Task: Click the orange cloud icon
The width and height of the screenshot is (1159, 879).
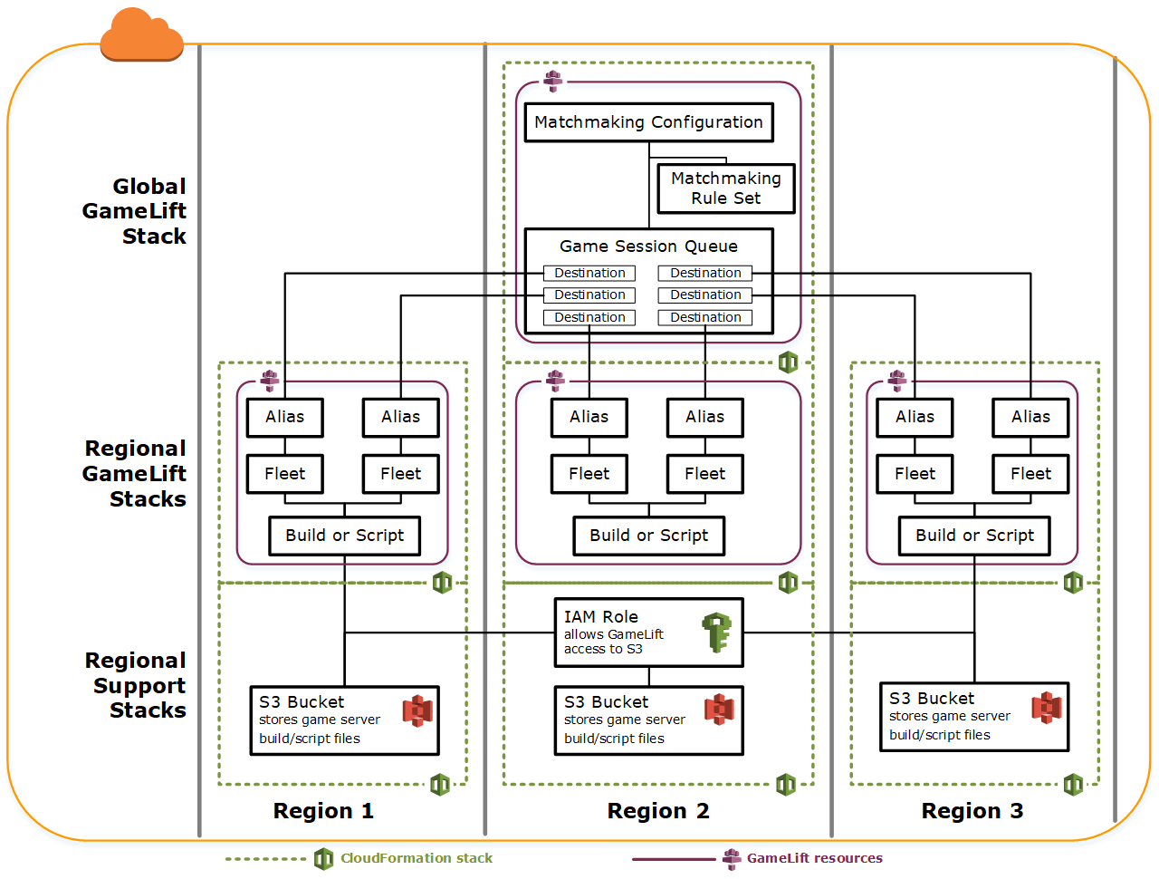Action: click(142, 34)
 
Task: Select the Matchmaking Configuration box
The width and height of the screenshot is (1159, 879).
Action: click(648, 122)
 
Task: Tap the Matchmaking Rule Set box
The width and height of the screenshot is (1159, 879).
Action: click(725, 188)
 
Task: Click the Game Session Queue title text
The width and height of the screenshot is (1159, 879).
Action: click(648, 246)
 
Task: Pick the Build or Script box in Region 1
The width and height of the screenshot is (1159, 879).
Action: click(344, 536)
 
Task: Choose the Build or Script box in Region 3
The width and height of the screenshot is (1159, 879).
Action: click(974, 536)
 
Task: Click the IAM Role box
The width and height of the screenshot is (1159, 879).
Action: click(648, 633)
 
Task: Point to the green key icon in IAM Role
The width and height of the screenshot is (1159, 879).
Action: click(716, 633)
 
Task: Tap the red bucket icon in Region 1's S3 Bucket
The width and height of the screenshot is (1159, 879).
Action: click(417, 711)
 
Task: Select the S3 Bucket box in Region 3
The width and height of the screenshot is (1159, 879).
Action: click(974, 717)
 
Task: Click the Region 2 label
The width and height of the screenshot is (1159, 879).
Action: click(658, 811)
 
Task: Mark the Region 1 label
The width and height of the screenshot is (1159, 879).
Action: click(323, 811)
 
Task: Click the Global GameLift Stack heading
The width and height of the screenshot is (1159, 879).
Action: click(135, 211)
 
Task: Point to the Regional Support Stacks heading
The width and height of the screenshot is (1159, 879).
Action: click(137, 685)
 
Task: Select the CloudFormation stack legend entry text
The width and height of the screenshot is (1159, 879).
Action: click(417, 858)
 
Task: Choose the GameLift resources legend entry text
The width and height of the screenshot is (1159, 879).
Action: click(814, 858)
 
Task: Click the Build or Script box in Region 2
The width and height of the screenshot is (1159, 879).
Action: click(648, 536)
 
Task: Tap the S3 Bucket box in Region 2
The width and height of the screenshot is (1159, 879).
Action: click(648, 720)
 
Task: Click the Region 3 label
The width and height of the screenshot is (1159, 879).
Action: click(972, 811)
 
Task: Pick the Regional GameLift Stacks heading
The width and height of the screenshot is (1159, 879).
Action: click(135, 474)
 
